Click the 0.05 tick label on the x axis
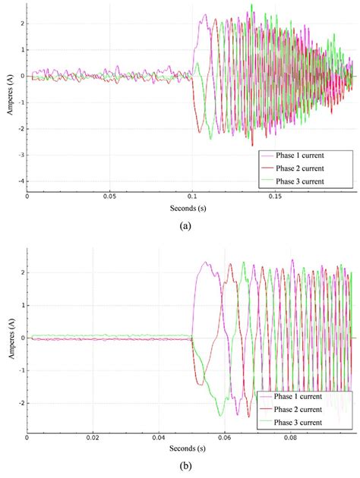[x=110, y=195]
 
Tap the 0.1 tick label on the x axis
[x=192, y=195]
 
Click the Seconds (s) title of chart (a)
[x=191, y=206]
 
